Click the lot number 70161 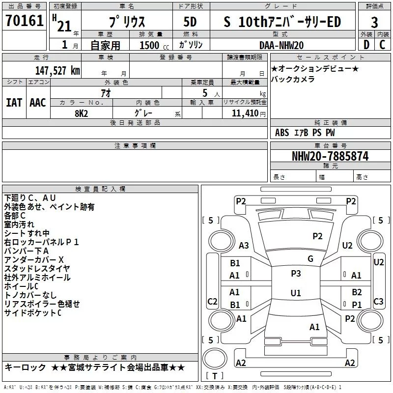click(x=24, y=21)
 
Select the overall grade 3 click(x=374, y=22)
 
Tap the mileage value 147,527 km click(x=57, y=71)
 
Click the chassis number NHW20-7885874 click(x=330, y=156)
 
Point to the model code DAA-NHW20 click(x=281, y=45)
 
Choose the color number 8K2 click(x=82, y=113)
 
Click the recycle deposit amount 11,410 click(x=245, y=113)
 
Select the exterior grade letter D click(x=366, y=45)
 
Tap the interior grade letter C click(x=382, y=45)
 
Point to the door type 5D click(x=190, y=22)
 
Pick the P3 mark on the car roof click(x=296, y=274)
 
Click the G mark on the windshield click(x=310, y=258)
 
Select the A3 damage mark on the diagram click(x=244, y=246)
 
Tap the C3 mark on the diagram click(x=378, y=302)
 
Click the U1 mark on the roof click(x=296, y=293)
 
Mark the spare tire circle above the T click(x=215, y=359)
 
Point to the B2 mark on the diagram click(x=357, y=292)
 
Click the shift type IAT click(x=14, y=103)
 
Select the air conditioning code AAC click(x=38, y=103)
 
